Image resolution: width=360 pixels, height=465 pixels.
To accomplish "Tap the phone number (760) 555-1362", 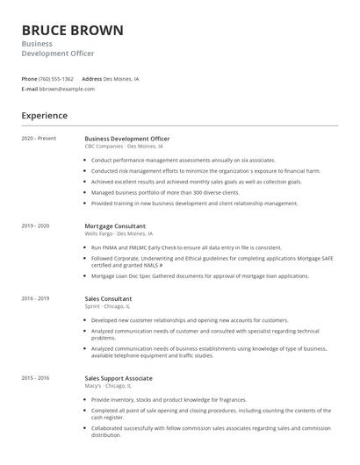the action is coord(56,79).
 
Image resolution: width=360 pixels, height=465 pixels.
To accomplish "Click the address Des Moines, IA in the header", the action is coord(123,79).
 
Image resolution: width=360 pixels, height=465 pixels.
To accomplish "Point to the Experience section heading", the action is coord(44,115).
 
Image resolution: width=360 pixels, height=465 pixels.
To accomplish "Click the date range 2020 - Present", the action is coord(39,139).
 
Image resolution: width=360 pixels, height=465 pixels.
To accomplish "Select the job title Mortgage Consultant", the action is coord(114,225).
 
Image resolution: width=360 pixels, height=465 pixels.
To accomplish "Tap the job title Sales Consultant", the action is coord(108,298).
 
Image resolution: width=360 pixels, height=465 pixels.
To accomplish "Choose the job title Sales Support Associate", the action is coord(119,378).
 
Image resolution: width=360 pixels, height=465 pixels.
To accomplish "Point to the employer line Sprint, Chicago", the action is coord(108,307).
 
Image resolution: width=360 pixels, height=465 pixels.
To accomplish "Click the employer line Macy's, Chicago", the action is coord(108,386).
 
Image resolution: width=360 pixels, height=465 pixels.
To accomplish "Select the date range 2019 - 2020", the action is coord(35,225).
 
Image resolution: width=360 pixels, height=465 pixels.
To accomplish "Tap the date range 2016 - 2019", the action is coord(35,298).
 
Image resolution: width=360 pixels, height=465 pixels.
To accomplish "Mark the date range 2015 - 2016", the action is coord(35,378).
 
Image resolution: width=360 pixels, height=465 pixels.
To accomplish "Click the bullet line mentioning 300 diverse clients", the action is coord(165,192).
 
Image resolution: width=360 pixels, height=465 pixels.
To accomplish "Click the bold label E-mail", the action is coord(29,89).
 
